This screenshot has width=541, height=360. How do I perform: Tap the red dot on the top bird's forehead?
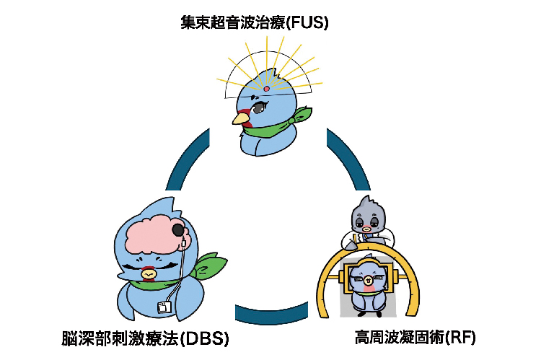tap(266, 89)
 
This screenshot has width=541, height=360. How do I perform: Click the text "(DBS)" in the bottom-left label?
tap(208, 337)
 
